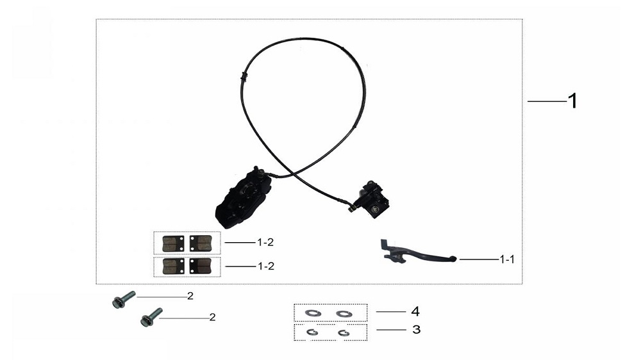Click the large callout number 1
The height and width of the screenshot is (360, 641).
click(x=572, y=101)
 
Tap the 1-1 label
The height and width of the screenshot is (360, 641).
click(x=507, y=259)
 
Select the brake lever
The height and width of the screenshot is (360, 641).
click(x=418, y=253)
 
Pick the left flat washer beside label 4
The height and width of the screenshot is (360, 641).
click(x=313, y=313)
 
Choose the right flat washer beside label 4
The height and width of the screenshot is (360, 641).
click(x=344, y=314)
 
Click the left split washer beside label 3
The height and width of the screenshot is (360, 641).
click(x=312, y=332)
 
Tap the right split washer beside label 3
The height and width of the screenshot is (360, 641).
click(x=344, y=333)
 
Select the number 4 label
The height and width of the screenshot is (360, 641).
click(x=415, y=311)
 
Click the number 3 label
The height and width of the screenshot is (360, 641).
click(x=416, y=329)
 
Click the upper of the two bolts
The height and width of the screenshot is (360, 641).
click(x=124, y=299)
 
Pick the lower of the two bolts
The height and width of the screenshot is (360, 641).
click(x=151, y=317)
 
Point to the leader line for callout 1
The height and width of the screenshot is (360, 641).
click(x=547, y=101)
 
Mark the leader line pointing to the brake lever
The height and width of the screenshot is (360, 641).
click(x=479, y=259)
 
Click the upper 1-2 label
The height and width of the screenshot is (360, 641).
click(x=265, y=242)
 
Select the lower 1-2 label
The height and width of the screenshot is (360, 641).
click(x=266, y=266)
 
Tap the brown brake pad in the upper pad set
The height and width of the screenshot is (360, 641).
click(x=173, y=243)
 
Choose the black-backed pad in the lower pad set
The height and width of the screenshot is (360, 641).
click(x=201, y=266)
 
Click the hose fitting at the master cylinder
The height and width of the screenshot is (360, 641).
click(x=351, y=207)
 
